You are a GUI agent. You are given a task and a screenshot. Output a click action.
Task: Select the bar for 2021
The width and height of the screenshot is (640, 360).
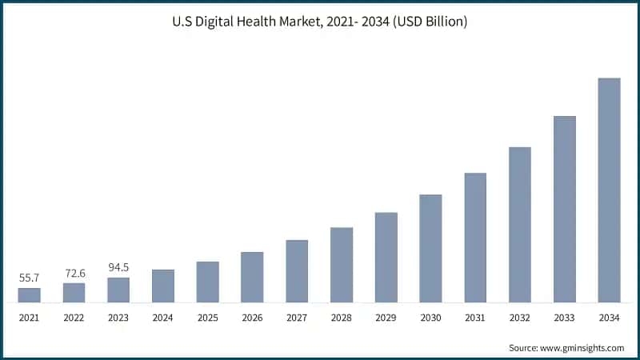[30, 295]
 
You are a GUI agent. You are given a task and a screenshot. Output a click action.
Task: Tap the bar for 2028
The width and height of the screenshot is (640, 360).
[342, 265]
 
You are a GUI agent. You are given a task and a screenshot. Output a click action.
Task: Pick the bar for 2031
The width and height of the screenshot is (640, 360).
[475, 238]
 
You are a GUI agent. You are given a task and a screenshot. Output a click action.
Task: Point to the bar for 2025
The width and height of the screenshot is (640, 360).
[208, 282]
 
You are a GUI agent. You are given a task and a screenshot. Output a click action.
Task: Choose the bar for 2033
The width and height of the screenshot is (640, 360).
[565, 210]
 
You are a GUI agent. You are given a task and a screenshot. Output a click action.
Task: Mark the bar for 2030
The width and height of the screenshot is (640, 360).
[430, 249]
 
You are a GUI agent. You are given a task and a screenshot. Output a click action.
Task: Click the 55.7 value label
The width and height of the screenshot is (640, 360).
[30, 278]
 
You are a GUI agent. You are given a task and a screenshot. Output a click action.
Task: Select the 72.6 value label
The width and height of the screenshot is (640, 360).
[74, 273]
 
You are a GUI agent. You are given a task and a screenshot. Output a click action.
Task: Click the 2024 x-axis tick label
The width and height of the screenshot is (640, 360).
[163, 318]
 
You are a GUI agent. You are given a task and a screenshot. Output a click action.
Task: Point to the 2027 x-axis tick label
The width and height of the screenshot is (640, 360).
[297, 318]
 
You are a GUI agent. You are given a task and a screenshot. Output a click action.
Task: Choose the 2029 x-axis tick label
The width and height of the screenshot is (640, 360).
[386, 318]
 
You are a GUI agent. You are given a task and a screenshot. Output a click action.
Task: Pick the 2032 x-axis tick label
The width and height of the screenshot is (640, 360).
[520, 318]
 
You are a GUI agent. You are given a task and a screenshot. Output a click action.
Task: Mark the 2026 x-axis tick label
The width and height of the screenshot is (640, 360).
[252, 318]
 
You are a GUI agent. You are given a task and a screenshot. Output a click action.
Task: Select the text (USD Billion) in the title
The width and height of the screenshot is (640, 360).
[428, 22]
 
